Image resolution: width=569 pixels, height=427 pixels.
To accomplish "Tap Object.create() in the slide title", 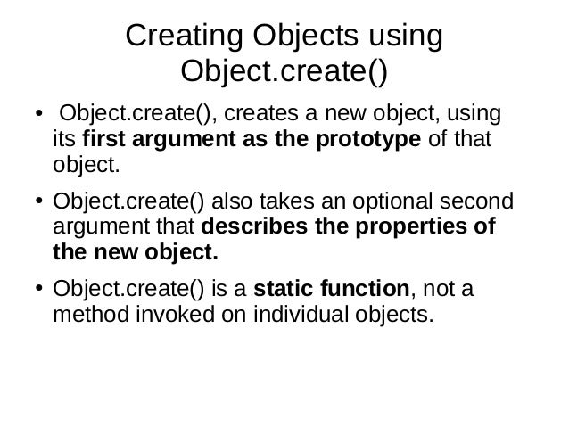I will pyautogui.click(x=284, y=69).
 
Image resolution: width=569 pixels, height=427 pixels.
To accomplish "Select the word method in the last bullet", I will pyautogui.click(x=87, y=313).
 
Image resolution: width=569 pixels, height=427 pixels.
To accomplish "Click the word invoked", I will pyautogui.click(x=167, y=313).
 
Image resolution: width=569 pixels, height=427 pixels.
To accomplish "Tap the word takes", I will pyautogui.click(x=267, y=201).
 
